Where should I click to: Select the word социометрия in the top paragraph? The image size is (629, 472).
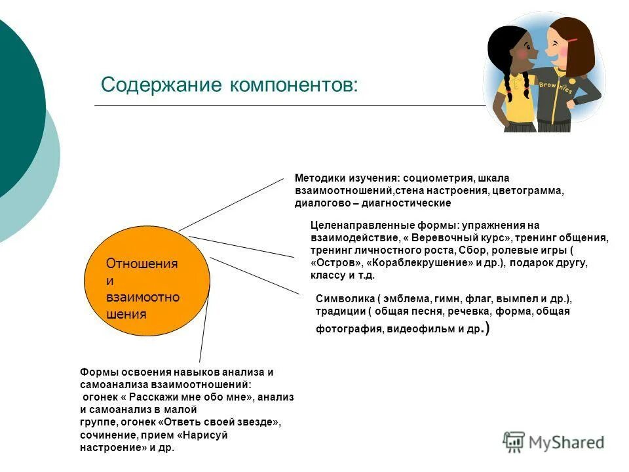[438, 178]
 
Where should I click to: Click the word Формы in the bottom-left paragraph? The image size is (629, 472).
[96, 372]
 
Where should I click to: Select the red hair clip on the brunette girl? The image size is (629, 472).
[572, 41]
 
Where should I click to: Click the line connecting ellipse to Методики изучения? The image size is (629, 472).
[236, 204]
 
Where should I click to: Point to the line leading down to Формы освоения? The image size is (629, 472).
[204, 328]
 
